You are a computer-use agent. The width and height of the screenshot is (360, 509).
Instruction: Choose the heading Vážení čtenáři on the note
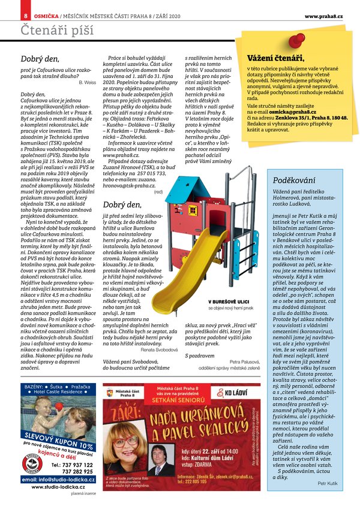click(x=275, y=58)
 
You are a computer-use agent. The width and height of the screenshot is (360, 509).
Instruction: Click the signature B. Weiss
click(x=87, y=81)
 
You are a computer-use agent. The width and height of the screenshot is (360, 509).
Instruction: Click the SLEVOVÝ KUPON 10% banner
click(x=58, y=441)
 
